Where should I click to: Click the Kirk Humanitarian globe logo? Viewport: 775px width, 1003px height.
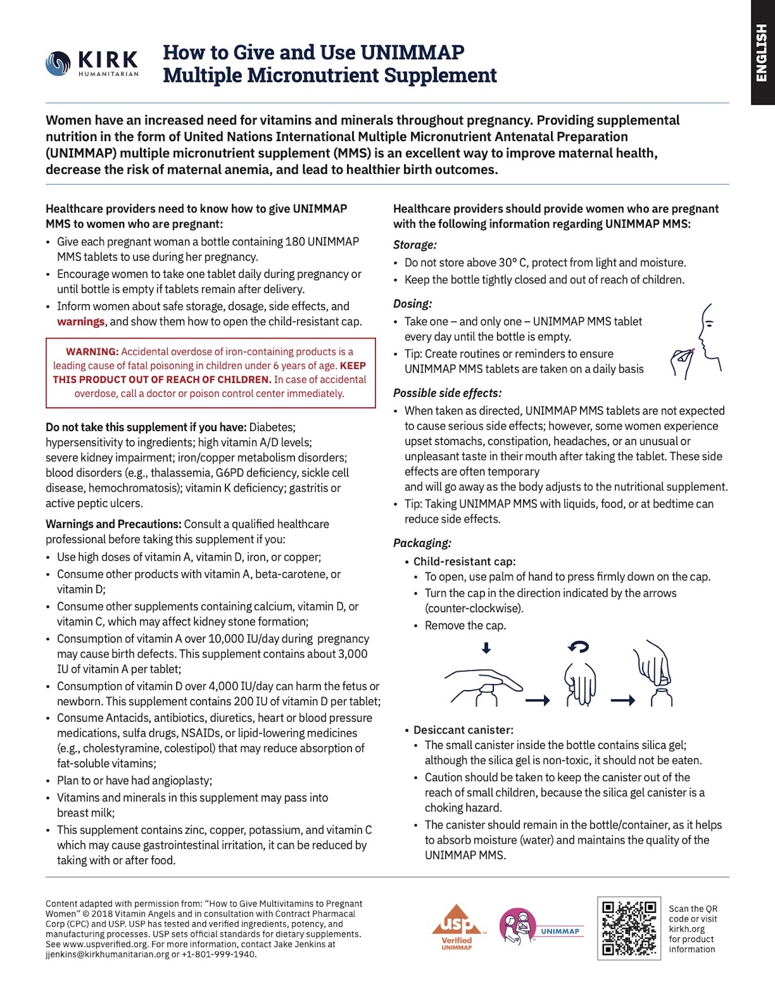(58, 63)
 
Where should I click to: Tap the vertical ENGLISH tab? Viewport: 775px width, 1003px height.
(762, 53)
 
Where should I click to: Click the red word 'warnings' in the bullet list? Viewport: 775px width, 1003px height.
(81, 322)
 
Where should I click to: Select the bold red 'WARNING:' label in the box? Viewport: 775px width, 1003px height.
(92, 351)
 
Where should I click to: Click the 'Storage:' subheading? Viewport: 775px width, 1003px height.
(415, 245)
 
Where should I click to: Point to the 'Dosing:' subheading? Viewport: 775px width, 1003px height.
(412, 303)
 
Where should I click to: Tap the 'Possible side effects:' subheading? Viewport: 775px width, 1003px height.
(447, 393)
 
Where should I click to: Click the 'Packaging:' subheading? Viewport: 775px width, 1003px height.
(422, 543)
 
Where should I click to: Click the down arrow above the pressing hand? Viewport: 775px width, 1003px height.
(486, 648)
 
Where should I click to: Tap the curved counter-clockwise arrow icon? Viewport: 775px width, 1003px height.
(579, 647)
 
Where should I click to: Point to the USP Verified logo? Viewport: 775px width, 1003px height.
(457, 927)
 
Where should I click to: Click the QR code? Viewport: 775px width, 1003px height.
(629, 928)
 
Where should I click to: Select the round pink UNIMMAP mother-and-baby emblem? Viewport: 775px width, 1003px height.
(517, 926)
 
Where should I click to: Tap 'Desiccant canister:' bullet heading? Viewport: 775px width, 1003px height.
(463, 730)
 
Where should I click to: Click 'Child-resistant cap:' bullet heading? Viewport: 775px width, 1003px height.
(464, 561)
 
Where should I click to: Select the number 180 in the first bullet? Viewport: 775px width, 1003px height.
(294, 241)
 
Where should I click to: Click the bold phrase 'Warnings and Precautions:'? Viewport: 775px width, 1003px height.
(113, 524)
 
